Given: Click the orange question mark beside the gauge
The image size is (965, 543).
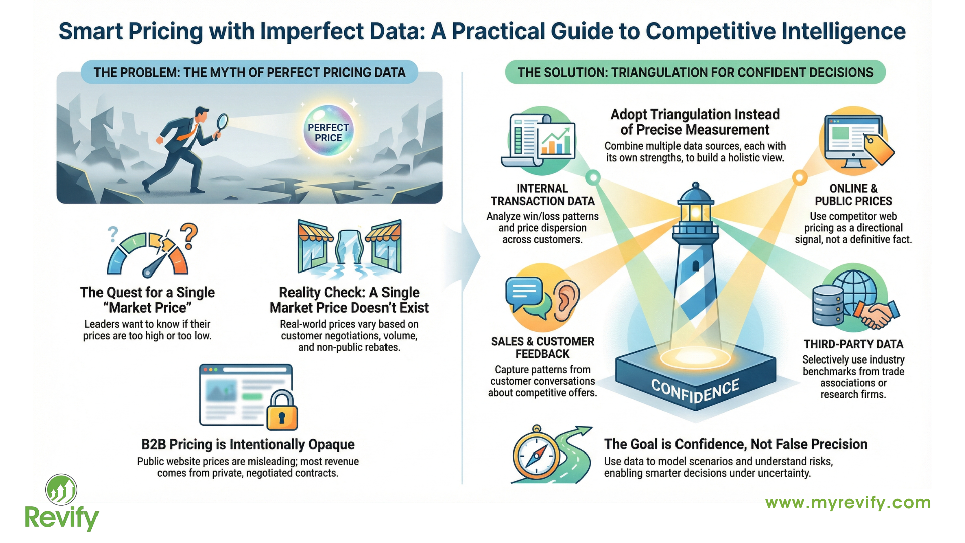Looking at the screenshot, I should coord(189,235).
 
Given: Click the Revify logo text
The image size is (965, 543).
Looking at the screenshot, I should coord(61,518).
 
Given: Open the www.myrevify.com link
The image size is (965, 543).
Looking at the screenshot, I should coord(848,503).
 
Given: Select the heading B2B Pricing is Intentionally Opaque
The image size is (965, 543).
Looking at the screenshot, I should coord(248,444).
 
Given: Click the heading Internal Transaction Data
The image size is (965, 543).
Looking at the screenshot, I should coord(542,195).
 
